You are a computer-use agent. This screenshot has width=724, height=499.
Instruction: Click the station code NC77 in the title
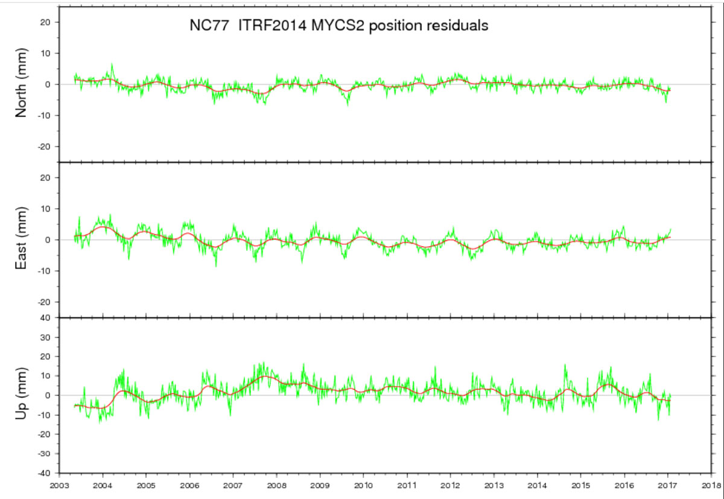click(200, 26)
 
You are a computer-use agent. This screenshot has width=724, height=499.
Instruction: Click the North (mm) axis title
click(22, 84)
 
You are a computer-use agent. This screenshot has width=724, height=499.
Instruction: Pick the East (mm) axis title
click(22, 240)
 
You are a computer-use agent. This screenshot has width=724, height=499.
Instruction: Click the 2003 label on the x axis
click(59, 485)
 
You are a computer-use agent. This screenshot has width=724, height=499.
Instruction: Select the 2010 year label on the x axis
click(363, 485)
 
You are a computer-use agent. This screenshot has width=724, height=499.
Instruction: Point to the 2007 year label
click(233, 485)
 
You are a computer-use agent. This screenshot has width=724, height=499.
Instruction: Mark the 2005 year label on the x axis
click(145, 485)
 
